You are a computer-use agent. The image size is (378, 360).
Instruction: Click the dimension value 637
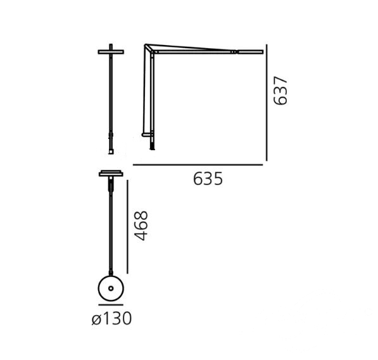(x=280, y=91)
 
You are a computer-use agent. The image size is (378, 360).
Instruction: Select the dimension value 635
(x=208, y=179)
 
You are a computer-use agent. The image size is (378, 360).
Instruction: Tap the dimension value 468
(x=141, y=226)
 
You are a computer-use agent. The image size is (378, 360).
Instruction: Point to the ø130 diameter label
(x=111, y=318)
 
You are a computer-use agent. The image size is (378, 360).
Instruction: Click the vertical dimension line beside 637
(x=267, y=103)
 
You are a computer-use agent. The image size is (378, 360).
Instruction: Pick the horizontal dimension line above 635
(x=198, y=165)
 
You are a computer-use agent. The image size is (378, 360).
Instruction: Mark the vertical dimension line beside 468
(x=127, y=227)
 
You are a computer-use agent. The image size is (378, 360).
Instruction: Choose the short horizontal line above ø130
(x=111, y=305)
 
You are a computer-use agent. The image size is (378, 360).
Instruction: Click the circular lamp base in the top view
(x=111, y=288)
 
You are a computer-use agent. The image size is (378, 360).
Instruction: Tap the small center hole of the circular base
(x=111, y=288)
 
